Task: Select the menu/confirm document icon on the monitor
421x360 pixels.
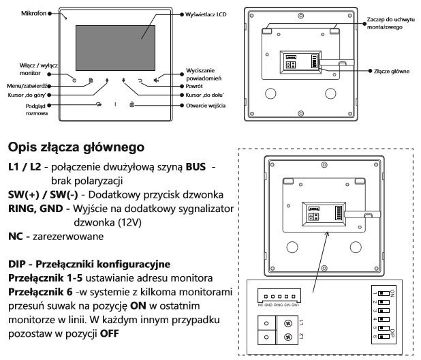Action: (x=91, y=81)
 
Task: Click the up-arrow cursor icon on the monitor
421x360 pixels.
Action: (x=108, y=81)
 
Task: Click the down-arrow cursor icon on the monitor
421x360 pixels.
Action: (x=124, y=81)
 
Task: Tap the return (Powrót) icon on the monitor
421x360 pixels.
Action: (x=140, y=81)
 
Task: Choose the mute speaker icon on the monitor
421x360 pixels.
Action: (x=157, y=81)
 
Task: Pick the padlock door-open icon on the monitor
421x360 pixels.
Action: (x=131, y=105)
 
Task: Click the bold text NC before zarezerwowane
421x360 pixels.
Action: (x=15, y=235)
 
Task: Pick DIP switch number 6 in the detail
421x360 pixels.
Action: (x=384, y=337)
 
